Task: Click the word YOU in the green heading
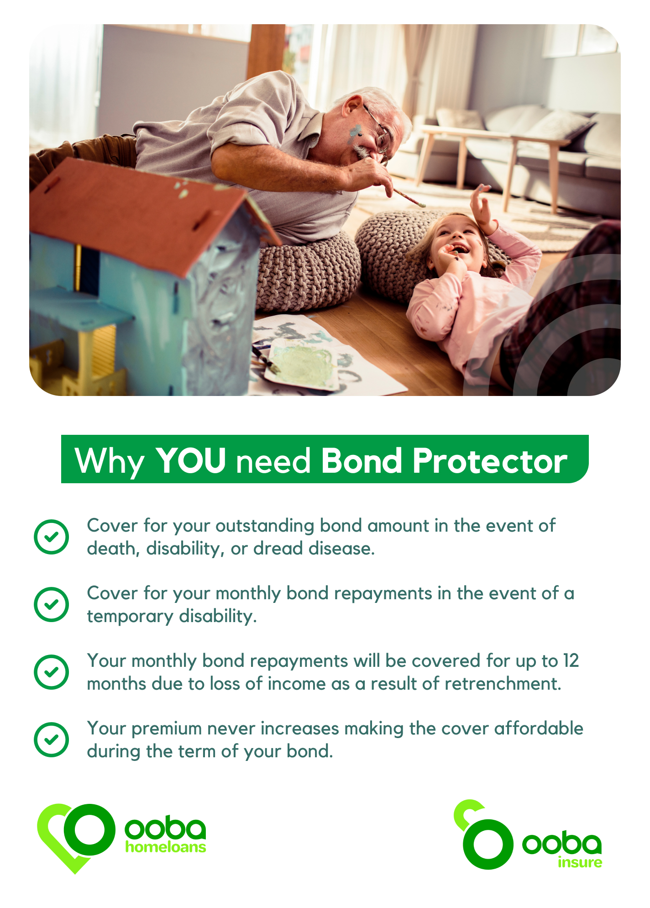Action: point(191,460)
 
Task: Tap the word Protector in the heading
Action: point(490,461)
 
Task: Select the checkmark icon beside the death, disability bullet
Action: point(52,537)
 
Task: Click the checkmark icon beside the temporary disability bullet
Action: point(52,604)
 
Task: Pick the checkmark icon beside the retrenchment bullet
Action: point(52,672)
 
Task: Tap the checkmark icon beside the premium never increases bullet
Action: point(52,739)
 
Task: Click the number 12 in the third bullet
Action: point(571,661)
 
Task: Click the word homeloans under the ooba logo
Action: point(166,847)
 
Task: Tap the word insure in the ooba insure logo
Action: point(580,862)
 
